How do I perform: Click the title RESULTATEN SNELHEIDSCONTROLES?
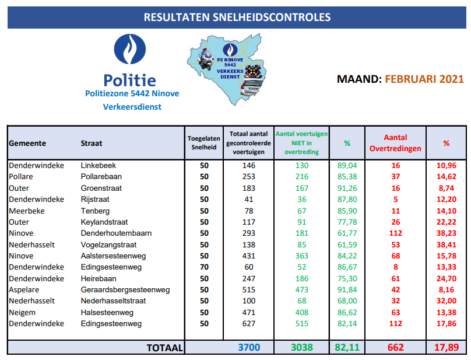(237, 17)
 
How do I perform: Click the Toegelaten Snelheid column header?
(203, 143)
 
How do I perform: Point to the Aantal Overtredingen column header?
(395, 143)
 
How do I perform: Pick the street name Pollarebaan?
(101, 176)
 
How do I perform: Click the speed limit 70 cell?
(203, 267)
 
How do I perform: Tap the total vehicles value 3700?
(248, 347)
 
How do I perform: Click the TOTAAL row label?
(165, 347)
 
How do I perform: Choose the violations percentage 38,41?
(446, 244)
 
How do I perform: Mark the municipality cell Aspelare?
(24, 289)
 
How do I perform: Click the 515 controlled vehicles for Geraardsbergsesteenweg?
(248, 289)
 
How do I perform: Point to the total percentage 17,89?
(446, 347)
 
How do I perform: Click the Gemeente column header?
(27, 143)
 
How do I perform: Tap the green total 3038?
(301, 347)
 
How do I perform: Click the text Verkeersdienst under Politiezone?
(132, 107)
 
